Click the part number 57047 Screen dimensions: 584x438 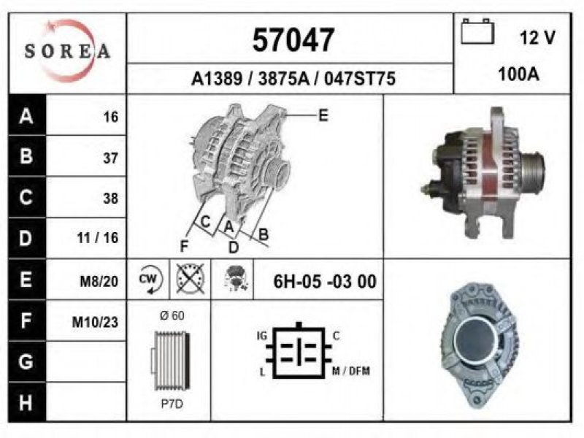[293, 40]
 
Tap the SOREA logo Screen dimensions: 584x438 [67, 51]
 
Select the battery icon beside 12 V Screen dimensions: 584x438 [477, 31]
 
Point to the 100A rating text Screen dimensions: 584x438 [518, 74]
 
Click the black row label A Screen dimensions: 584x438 [26, 116]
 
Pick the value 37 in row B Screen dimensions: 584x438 [111, 158]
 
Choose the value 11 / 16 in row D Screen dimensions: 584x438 [98, 237]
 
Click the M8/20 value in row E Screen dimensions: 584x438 [99, 281]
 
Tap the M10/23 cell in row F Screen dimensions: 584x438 [95, 322]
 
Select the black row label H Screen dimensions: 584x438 [26, 403]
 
